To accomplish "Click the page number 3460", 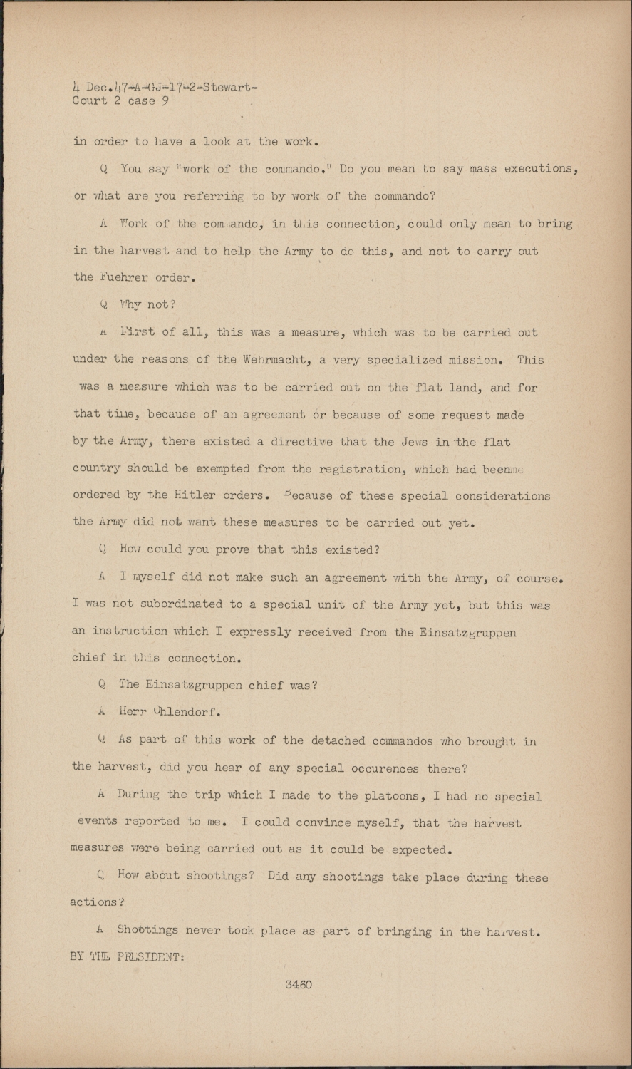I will pyautogui.click(x=299, y=985).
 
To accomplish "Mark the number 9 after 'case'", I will pyautogui.click(x=165, y=101).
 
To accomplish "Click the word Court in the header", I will pyautogui.click(x=90, y=101).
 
